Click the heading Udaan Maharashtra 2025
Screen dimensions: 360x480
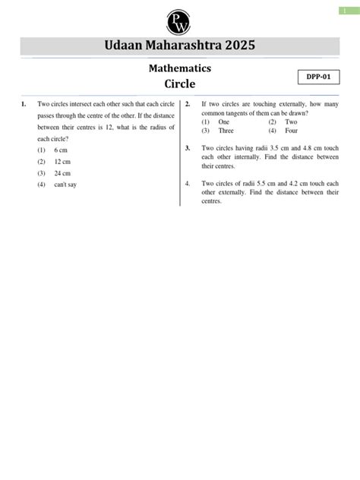click(x=180, y=46)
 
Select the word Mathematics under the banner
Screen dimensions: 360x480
click(x=180, y=69)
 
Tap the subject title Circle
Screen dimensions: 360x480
click(x=180, y=84)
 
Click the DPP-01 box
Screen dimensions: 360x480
click(x=317, y=77)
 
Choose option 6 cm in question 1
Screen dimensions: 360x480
click(x=62, y=151)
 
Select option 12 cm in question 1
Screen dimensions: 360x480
click(x=63, y=162)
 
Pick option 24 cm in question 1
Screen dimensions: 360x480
click(x=63, y=173)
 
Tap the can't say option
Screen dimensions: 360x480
click(x=65, y=185)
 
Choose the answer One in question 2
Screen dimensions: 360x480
click(x=223, y=122)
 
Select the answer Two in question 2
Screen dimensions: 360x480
click(x=291, y=122)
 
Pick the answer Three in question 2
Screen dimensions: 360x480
click(x=226, y=130)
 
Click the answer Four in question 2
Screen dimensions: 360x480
click(x=291, y=130)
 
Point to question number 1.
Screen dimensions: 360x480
click(x=25, y=103)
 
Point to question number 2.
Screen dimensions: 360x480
click(x=188, y=103)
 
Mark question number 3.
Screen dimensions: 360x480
click(x=188, y=148)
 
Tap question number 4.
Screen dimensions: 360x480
click(x=188, y=184)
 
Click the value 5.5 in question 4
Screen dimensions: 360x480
click(x=265, y=184)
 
